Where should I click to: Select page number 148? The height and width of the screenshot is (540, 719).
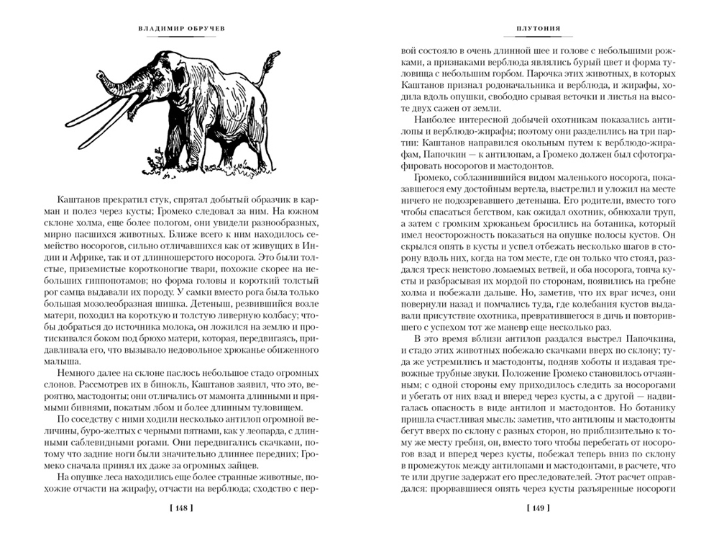175,509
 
